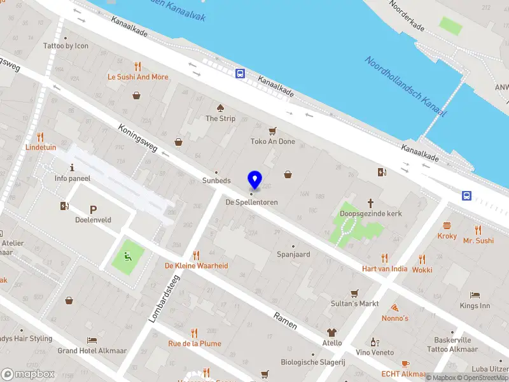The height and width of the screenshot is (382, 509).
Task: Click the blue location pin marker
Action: [254, 179]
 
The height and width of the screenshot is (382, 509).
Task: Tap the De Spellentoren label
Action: [252, 202]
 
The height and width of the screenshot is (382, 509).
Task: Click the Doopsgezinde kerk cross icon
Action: [371, 203]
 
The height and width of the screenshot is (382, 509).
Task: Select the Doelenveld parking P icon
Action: [93, 209]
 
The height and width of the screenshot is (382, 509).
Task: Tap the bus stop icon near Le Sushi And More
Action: [241, 73]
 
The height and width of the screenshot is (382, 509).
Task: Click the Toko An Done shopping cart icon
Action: [273, 131]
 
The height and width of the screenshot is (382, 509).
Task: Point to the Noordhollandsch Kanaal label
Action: [405, 87]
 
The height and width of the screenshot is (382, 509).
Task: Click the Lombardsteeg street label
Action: [164, 299]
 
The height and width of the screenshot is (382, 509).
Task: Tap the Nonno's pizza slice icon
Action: [394, 307]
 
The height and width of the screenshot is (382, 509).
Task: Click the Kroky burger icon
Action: [447, 225]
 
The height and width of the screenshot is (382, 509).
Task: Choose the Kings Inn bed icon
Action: [475, 295]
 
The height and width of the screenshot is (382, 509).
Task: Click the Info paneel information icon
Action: [73, 168]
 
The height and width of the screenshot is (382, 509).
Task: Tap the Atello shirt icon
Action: [331, 332]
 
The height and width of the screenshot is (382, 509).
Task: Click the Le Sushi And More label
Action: [138, 77]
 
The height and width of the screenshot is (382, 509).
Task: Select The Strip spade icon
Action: [220, 108]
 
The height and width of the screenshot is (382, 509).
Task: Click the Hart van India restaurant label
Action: [385, 269]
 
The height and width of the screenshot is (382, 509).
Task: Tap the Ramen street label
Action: [285, 321]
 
